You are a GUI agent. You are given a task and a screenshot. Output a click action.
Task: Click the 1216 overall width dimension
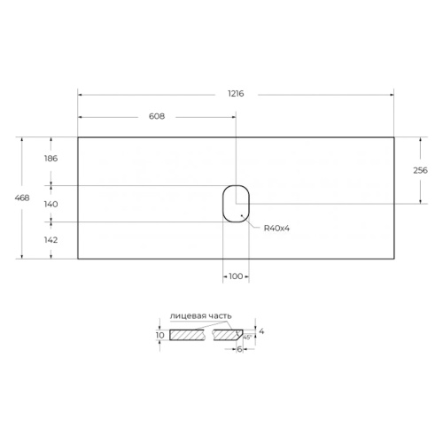click(236, 94)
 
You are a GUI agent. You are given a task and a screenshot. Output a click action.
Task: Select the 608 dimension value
click(157, 116)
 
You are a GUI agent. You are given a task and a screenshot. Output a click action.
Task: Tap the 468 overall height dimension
click(22, 198)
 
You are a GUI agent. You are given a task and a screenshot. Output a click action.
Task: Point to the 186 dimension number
click(51, 159)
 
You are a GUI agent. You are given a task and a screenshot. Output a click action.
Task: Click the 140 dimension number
click(51, 204)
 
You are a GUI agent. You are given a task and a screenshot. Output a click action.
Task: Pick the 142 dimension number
click(51, 240)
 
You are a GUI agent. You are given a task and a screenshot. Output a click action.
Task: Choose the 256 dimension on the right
click(420, 170)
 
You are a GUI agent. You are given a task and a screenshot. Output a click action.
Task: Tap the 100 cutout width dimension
click(236, 276)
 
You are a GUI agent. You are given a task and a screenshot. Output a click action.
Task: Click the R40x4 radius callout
click(276, 228)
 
